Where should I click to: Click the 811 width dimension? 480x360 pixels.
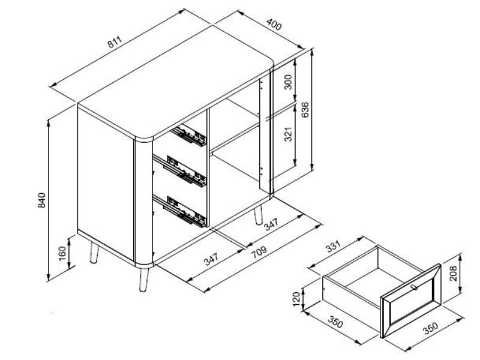(115, 42)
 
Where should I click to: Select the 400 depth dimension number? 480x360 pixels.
(274, 25)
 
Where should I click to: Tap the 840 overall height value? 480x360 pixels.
(41, 200)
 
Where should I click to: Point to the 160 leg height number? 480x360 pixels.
(62, 253)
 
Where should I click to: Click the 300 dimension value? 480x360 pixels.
(289, 82)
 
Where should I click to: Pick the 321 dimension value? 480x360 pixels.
(289, 134)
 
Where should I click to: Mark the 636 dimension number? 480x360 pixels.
(305, 110)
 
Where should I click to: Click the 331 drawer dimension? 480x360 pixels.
(333, 247)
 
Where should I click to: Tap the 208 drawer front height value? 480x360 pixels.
(454, 274)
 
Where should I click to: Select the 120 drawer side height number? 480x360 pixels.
(296, 299)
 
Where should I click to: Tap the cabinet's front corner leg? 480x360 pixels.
(143, 280)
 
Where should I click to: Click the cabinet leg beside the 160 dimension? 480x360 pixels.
(94, 253)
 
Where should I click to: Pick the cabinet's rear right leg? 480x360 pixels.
(259, 215)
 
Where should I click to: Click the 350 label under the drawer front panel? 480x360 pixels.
(430, 328)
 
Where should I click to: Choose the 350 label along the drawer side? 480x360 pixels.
(335, 321)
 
